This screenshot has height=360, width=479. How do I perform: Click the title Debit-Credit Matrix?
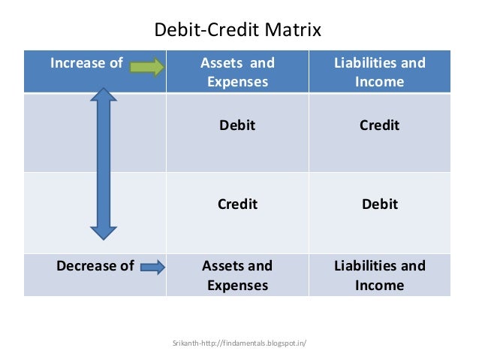[237, 30]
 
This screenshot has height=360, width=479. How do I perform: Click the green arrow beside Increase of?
[147, 67]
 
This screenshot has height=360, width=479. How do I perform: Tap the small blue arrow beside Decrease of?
[152, 267]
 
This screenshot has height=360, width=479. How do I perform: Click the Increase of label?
[86, 63]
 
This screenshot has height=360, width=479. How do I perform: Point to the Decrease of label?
[95, 265]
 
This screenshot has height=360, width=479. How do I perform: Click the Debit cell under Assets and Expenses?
[237, 126]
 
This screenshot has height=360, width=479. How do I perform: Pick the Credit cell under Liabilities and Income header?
[379, 126]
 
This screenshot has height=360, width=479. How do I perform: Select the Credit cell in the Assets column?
[237, 204]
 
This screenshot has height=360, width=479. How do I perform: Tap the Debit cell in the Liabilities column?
[379, 204]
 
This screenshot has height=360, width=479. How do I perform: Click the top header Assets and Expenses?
[237, 72]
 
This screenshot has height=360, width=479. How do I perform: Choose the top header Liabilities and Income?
[379, 72]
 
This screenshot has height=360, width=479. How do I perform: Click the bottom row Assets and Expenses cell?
[237, 275]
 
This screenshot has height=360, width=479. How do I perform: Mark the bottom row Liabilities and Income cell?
[379, 275]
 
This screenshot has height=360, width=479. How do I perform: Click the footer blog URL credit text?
[239, 343]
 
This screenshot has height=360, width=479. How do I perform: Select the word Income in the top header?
[379, 82]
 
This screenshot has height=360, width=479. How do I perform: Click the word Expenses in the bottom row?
[237, 285]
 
